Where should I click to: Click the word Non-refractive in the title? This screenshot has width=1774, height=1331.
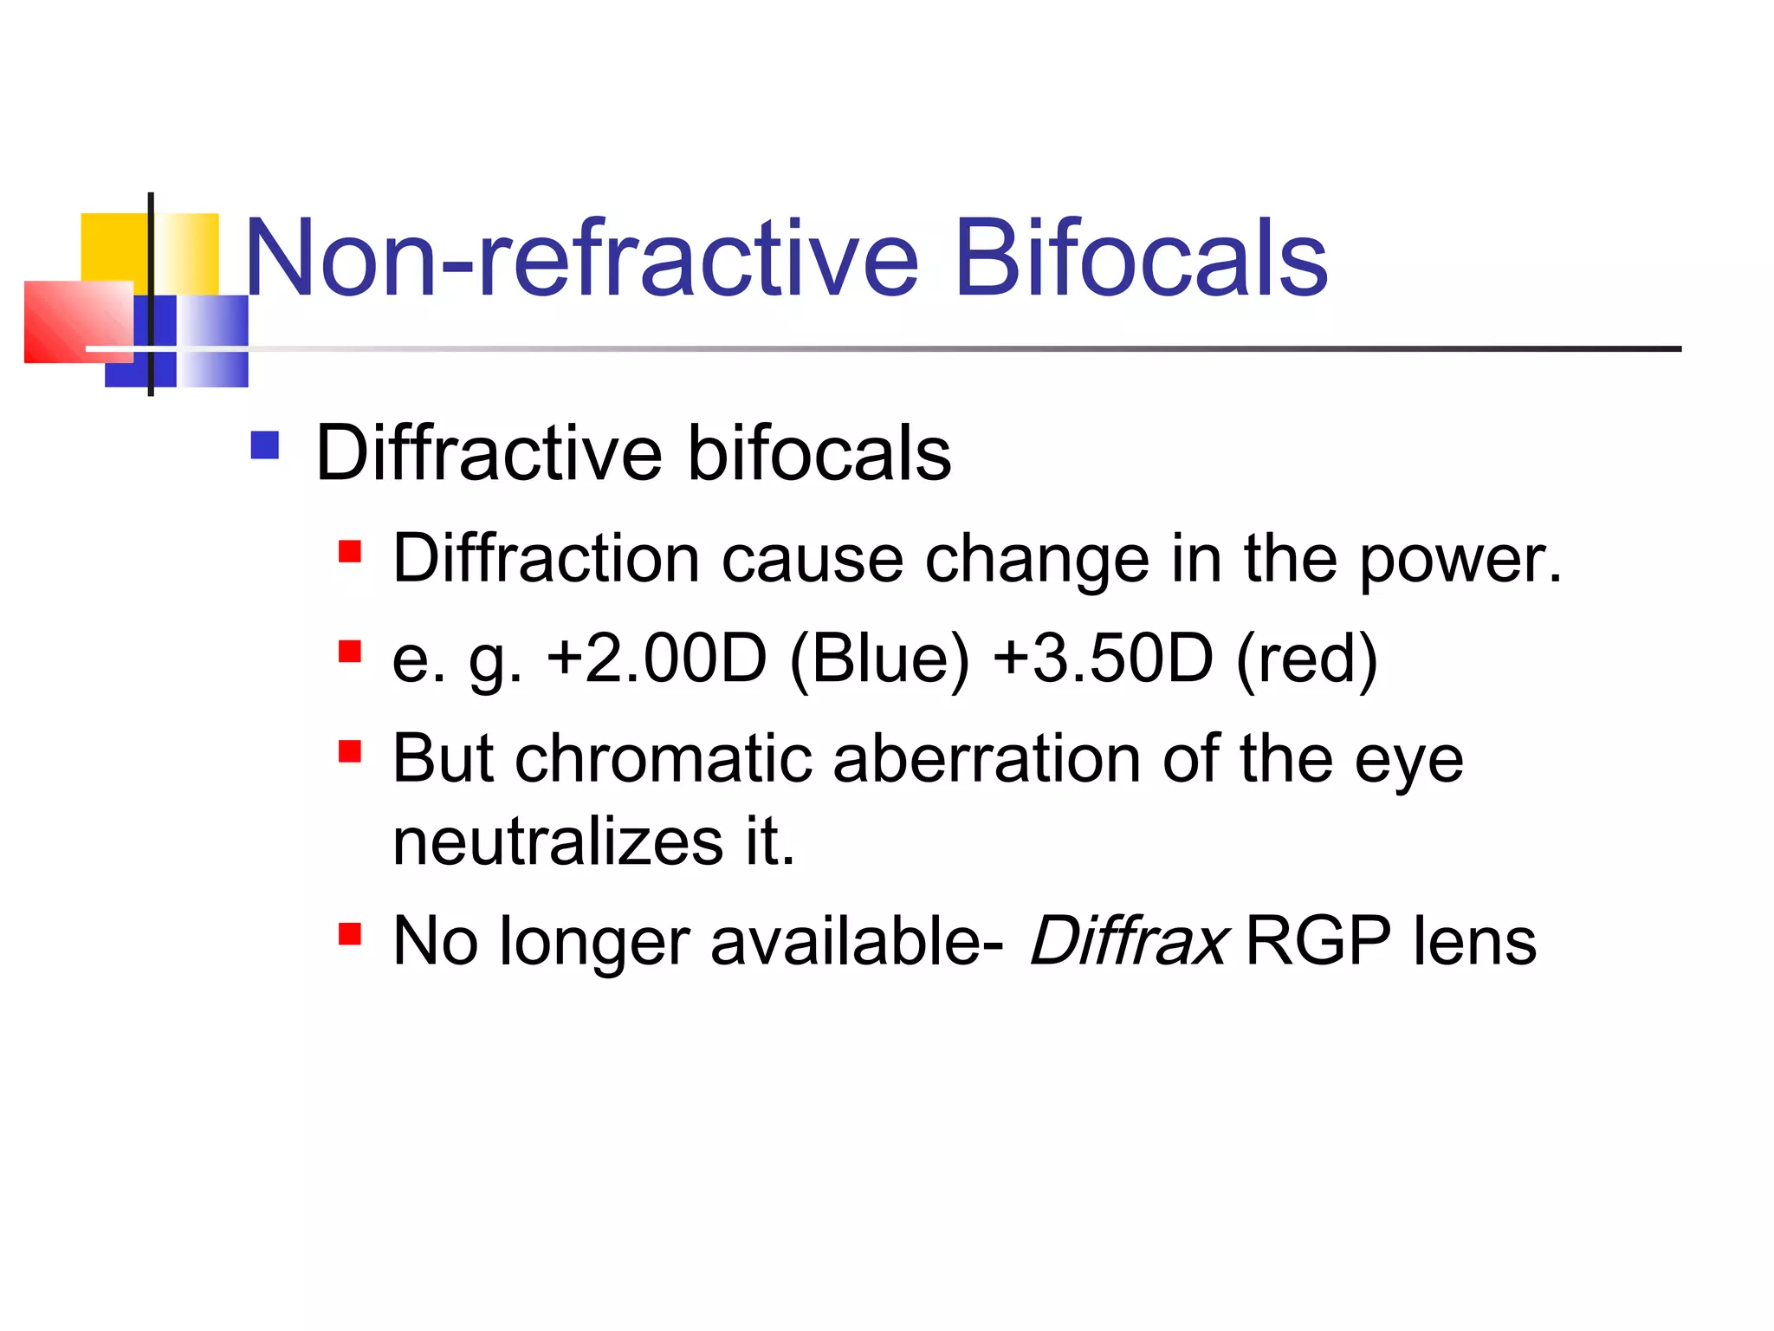[x=580, y=258]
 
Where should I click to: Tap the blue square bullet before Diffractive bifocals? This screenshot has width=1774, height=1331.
[x=264, y=445]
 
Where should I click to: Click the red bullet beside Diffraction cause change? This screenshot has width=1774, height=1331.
[x=349, y=552]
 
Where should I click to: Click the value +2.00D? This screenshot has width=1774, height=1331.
[x=657, y=659]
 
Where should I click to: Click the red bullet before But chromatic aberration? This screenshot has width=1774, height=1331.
[x=349, y=750]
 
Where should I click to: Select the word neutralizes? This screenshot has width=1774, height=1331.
[x=557, y=841]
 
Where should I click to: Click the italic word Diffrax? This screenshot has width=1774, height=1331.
[x=1128, y=941]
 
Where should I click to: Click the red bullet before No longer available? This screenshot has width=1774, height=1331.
[x=349, y=934]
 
